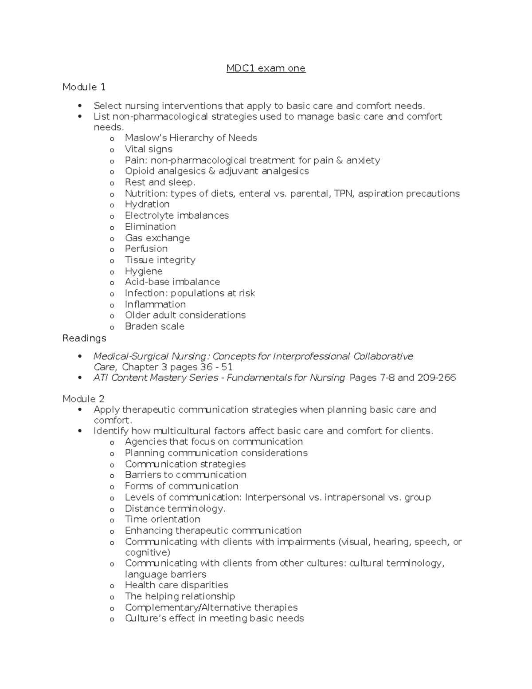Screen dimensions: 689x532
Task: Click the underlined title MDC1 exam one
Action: coord(266,68)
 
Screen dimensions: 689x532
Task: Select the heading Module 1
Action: coord(84,87)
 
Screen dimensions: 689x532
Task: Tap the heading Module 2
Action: coord(83,399)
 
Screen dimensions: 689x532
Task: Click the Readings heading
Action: coord(84,338)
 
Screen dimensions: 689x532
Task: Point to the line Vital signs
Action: coord(149,149)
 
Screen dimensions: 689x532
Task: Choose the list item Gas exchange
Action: coord(157,238)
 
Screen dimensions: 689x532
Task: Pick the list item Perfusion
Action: coord(146,248)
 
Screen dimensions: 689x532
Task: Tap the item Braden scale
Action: coord(155,326)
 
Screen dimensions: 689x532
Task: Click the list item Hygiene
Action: coord(144,271)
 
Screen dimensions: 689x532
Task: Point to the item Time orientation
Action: coord(162,519)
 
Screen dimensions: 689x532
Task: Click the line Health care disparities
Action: coord(176,585)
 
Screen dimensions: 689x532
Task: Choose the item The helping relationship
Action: coord(180,596)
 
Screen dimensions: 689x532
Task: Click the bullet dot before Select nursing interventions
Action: coord(80,106)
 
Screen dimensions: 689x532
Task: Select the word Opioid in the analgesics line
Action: coord(139,171)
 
